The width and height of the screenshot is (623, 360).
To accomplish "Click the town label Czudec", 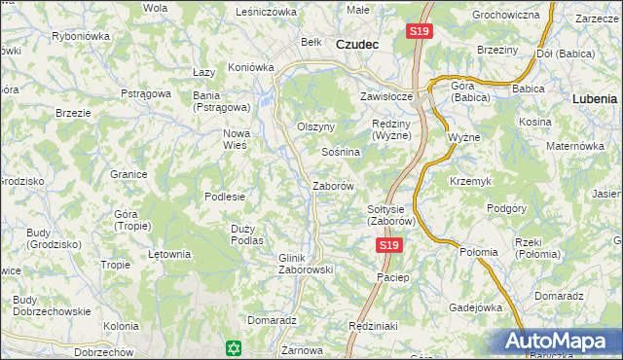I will (x=356, y=45).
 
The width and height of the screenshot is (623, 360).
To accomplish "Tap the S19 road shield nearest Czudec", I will (x=419, y=32).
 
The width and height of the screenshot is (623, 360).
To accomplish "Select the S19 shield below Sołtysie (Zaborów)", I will (x=388, y=246).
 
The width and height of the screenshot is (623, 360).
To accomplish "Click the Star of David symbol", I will (x=232, y=347).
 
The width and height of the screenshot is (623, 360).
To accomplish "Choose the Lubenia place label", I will (x=595, y=99).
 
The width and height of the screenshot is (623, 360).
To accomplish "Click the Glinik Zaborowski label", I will (x=307, y=263).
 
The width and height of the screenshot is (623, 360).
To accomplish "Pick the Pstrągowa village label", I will (x=146, y=93).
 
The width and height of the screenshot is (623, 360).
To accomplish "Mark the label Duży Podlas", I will (x=247, y=234).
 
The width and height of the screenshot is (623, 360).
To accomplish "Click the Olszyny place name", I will (x=315, y=127).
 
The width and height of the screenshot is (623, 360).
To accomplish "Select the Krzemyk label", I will (x=469, y=182).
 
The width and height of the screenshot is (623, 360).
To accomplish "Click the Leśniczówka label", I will (x=265, y=12).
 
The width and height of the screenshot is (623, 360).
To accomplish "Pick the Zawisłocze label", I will (x=387, y=97).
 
